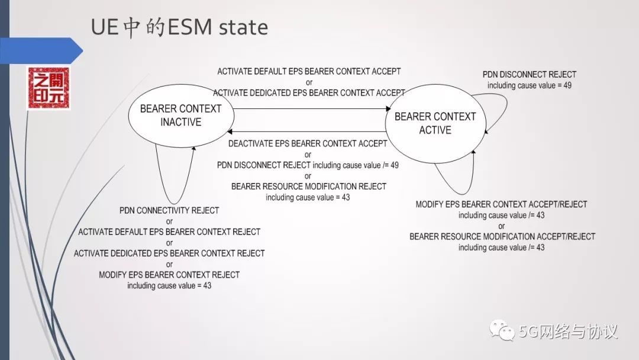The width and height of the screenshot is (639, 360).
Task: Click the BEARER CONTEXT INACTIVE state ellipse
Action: point(180,115)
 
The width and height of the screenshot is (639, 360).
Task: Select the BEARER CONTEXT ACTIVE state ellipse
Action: point(435,123)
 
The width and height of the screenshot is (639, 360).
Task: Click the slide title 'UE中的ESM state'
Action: point(179,27)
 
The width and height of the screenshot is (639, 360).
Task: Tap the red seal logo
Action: point(49,88)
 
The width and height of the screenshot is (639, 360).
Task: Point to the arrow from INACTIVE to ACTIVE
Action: point(308,108)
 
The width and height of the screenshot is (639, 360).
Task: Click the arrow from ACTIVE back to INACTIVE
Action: point(308,131)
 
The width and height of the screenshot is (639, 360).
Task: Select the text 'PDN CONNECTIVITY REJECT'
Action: point(169,211)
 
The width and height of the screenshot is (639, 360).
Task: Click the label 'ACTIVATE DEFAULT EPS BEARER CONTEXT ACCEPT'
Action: point(309,72)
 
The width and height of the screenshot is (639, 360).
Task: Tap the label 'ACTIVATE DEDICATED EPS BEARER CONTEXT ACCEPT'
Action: point(309,93)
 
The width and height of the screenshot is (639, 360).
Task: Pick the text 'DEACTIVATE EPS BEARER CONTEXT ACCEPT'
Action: point(308,143)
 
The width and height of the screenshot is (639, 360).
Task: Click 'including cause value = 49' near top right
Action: point(530,85)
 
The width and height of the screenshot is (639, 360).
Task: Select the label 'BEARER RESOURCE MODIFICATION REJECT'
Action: point(309,187)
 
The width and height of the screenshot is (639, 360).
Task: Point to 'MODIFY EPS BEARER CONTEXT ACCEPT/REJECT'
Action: point(501,204)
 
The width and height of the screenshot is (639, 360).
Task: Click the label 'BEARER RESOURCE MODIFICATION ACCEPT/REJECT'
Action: point(502,236)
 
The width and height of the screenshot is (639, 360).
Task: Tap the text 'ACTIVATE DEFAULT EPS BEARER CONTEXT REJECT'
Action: point(169,232)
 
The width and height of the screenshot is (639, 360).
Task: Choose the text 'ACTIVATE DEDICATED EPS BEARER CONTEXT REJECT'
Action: point(169,253)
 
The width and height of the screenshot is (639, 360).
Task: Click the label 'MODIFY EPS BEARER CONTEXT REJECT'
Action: point(169,274)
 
